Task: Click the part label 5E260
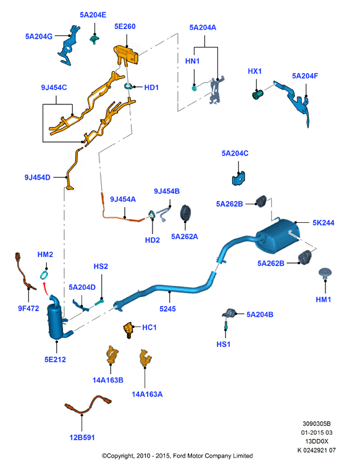click(125, 27)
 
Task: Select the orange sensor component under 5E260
click(126, 55)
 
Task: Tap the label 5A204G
click(39, 36)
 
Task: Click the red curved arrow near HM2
click(45, 288)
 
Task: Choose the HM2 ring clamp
click(44, 275)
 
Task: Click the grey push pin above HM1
click(325, 273)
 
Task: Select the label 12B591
click(82, 437)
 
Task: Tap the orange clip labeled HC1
click(128, 330)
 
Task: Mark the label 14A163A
click(147, 394)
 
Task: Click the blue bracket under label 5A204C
click(238, 178)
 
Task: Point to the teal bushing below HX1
click(257, 94)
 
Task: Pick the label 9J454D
click(37, 177)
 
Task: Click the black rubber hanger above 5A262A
click(186, 214)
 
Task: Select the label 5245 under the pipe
click(167, 309)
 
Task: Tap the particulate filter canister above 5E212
click(58, 318)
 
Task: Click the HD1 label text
click(151, 88)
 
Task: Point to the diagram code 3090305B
click(316, 424)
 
